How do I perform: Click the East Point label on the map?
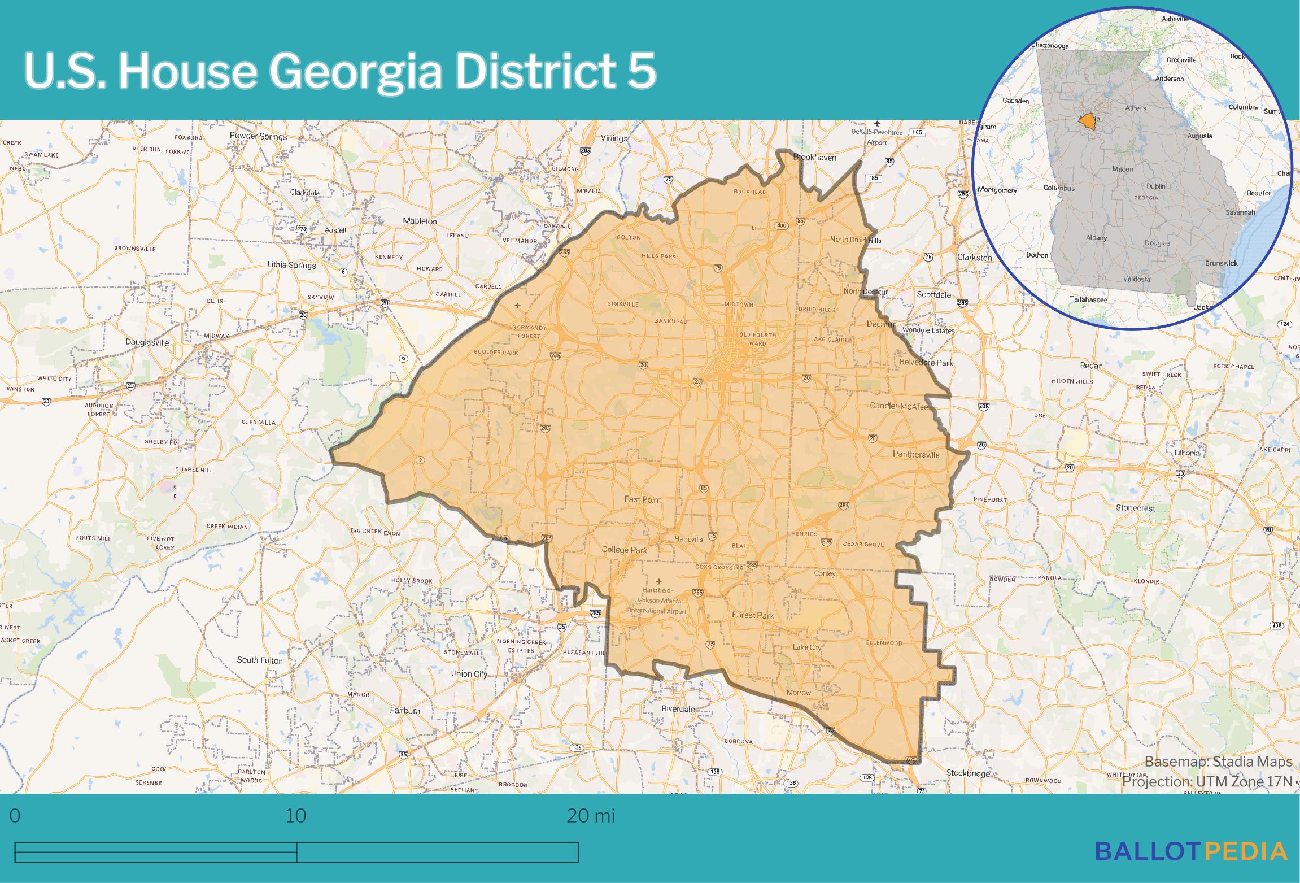tap(642, 499)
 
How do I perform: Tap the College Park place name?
tap(624, 550)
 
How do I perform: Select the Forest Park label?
tap(753, 615)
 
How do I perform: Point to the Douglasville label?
tap(147, 342)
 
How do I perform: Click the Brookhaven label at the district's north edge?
tap(814, 157)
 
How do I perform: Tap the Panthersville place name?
tap(916, 454)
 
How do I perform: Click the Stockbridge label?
tap(968, 773)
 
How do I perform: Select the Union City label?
tap(469, 673)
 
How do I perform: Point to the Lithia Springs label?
tap(291, 264)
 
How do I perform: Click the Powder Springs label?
tap(258, 136)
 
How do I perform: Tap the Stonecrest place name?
tap(1135, 507)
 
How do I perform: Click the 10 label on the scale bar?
tap(295, 816)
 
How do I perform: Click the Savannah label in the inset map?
tap(1240, 212)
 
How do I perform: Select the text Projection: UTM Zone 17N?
tap(1207, 782)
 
